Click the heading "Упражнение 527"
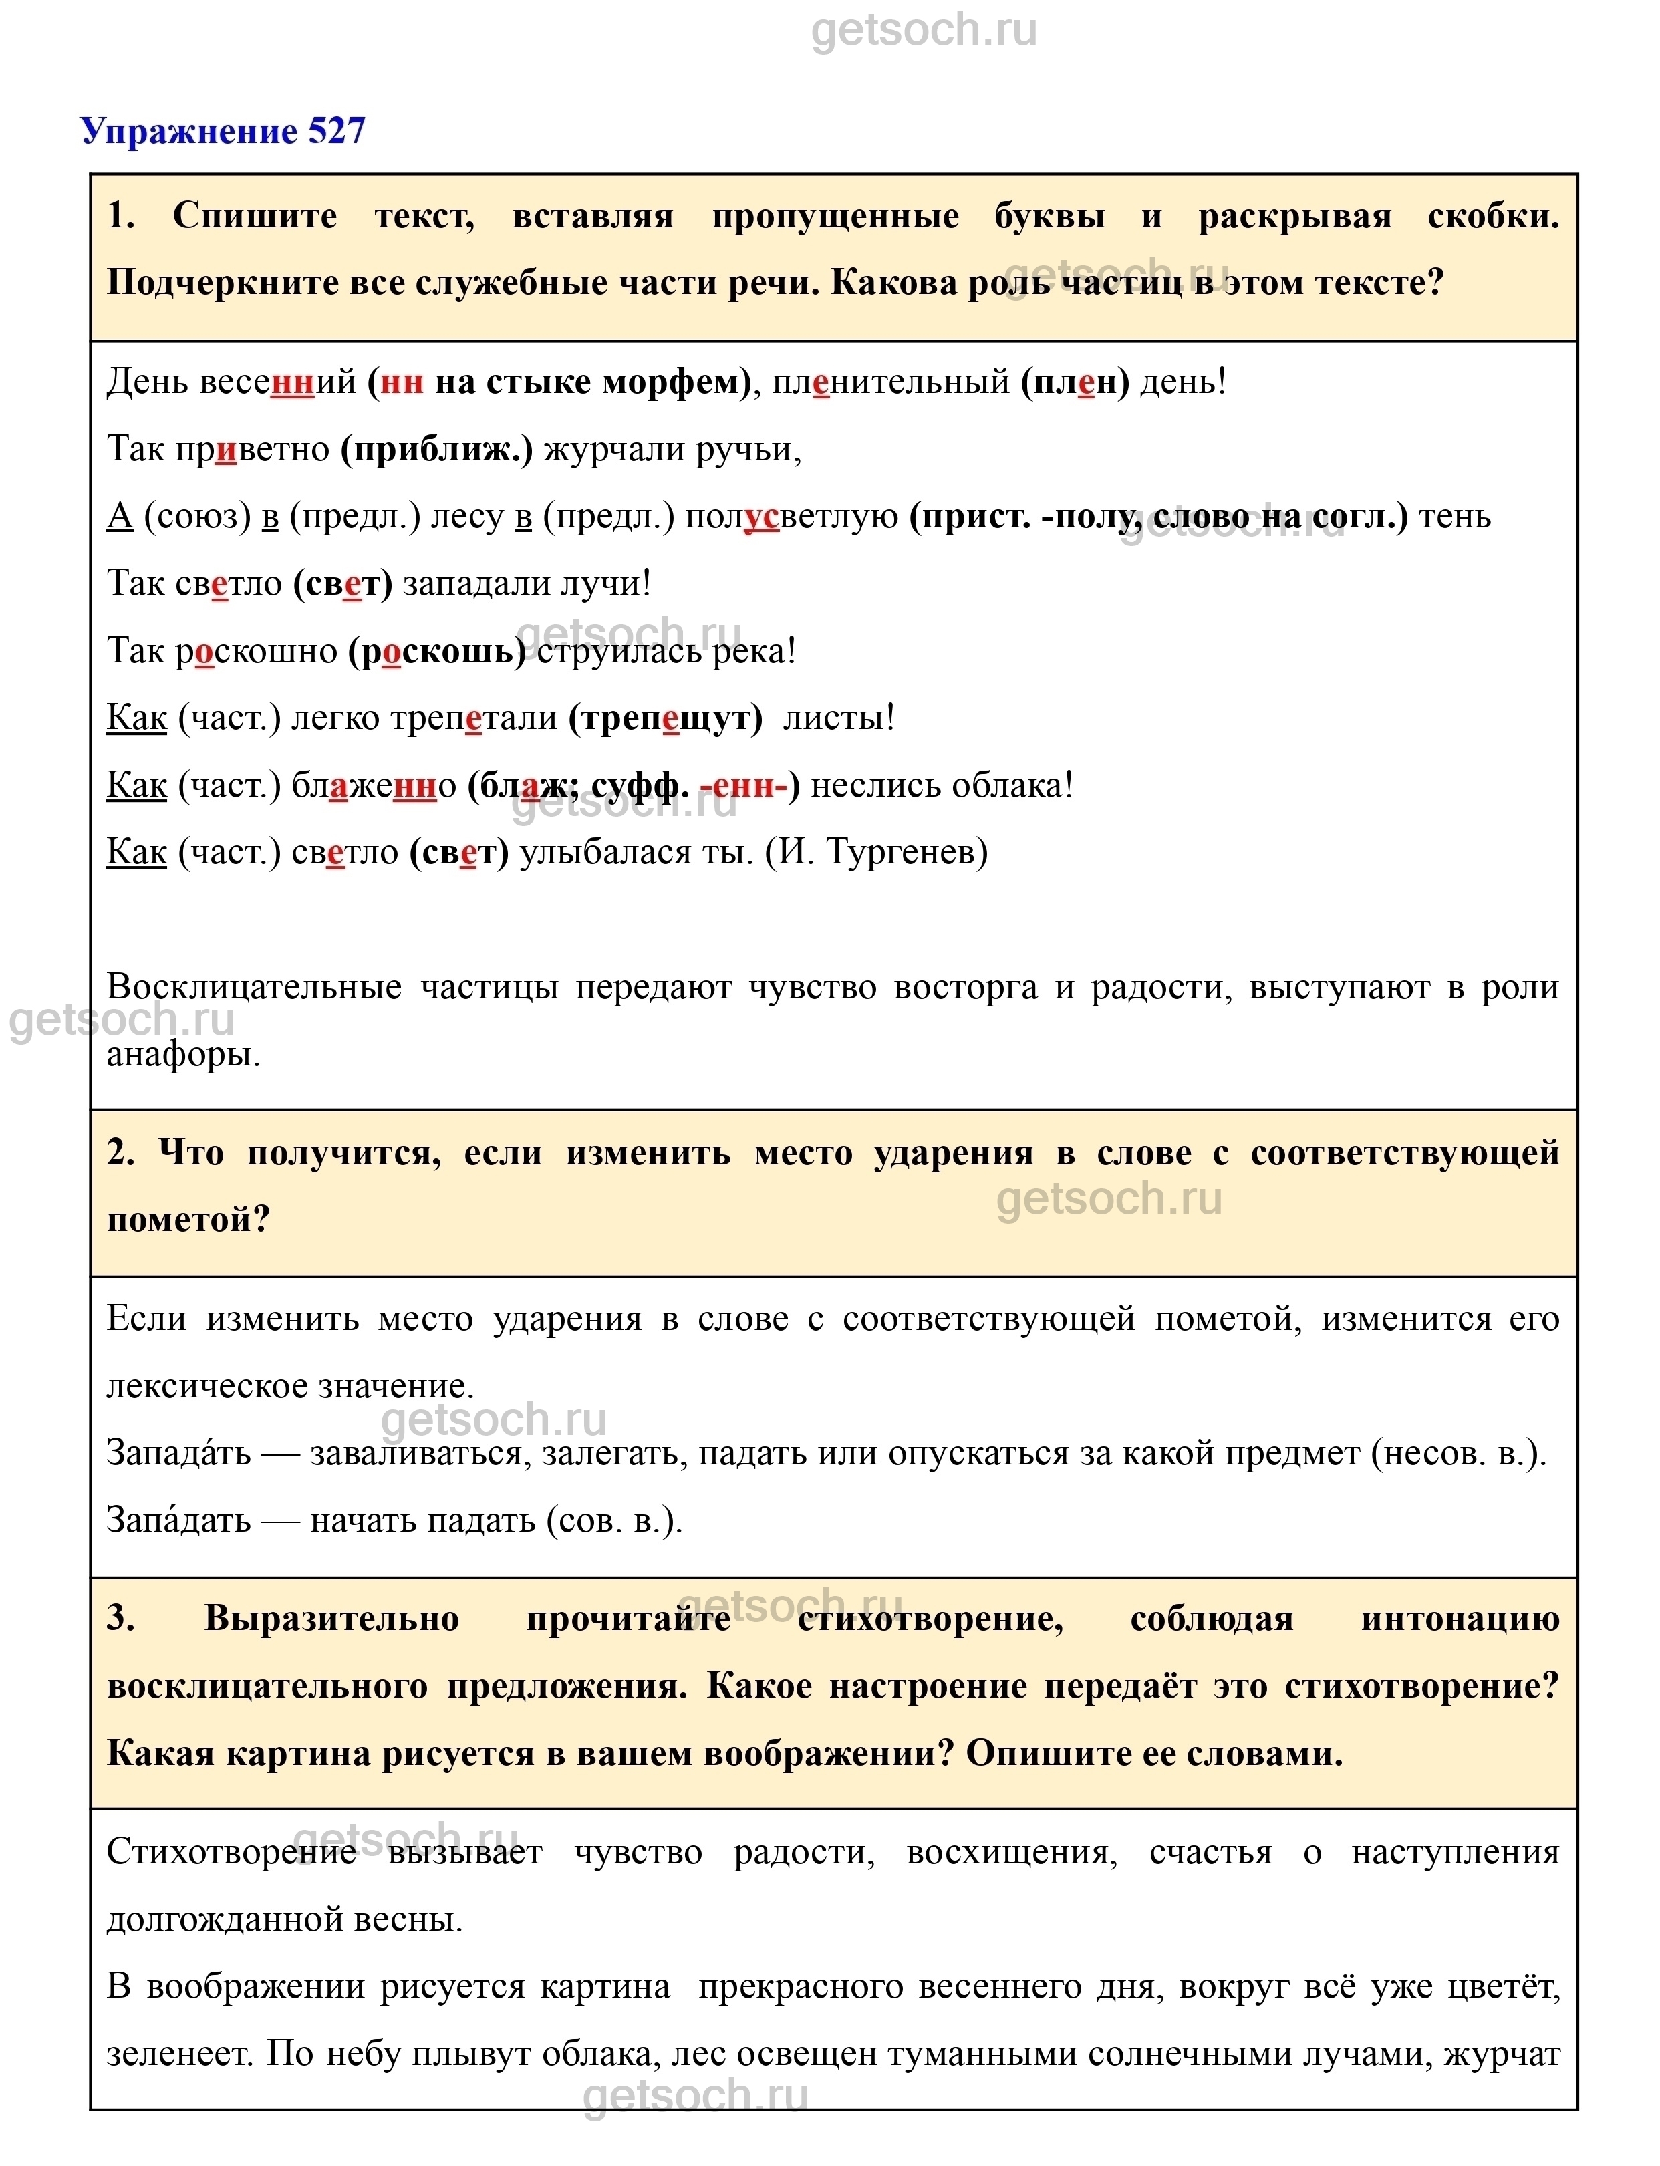(223, 130)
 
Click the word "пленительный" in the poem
(890, 382)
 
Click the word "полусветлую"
(791, 517)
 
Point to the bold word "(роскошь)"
(437, 651)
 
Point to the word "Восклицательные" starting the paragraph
(254, 987)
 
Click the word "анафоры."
(184, 1055)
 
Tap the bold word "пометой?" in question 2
(188, 1220)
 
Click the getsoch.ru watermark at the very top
(924, 31)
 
